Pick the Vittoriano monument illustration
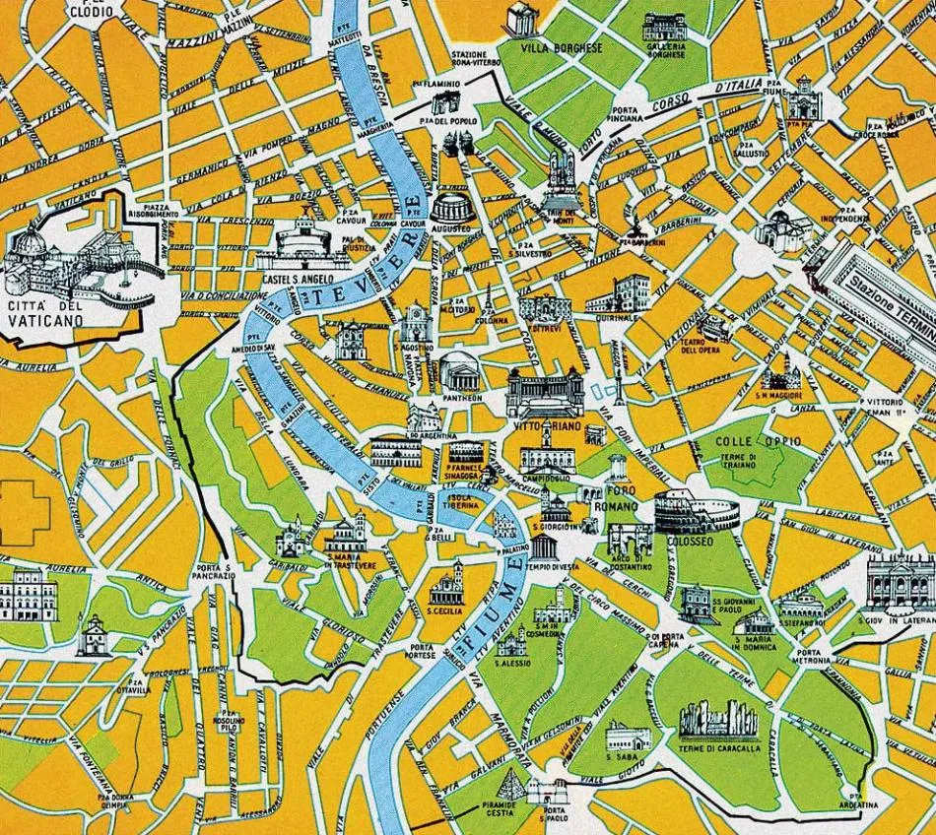545,395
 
